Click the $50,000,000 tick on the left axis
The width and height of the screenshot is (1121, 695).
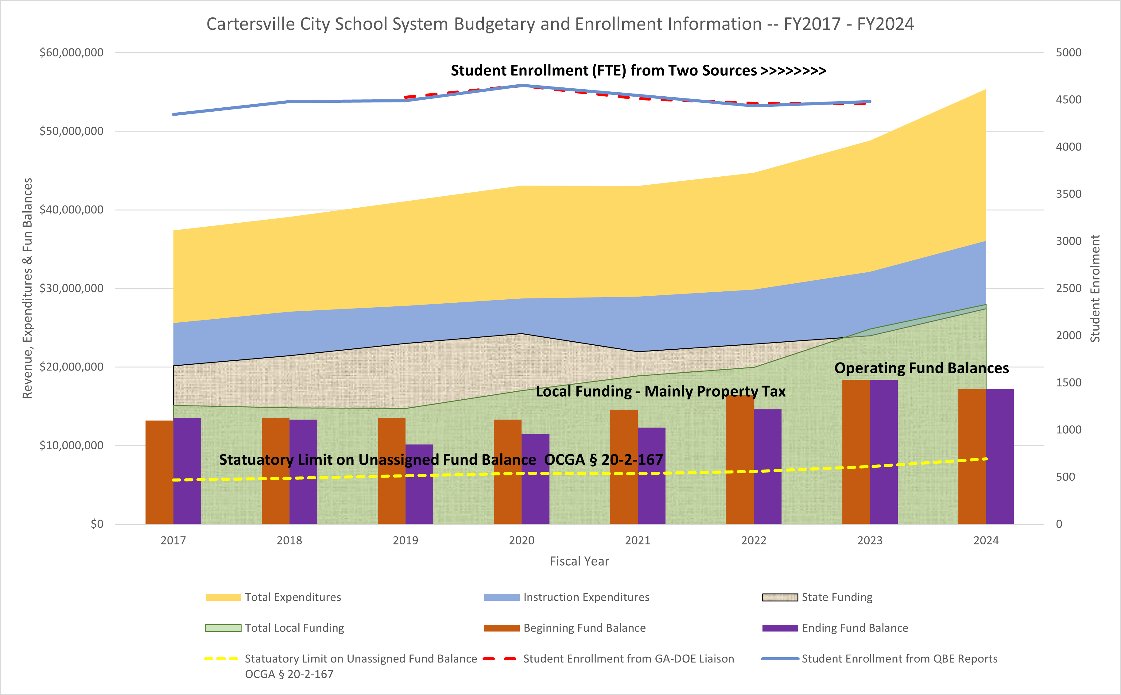pos(71,131)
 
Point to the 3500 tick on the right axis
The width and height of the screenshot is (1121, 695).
pos(1068,194)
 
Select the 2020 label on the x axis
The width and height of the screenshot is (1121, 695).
pos(521,540)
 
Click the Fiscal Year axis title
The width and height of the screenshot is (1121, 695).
pos(579,561)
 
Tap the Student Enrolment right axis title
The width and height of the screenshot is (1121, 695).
pos(1095,288)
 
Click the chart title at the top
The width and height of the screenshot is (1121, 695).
pos(560,24)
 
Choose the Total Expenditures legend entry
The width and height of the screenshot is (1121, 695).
pos(293,597)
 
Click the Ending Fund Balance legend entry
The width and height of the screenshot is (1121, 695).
pos(855,628)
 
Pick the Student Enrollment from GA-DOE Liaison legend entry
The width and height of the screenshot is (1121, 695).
pos(628,659)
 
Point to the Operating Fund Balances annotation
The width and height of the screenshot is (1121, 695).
pos(921,368)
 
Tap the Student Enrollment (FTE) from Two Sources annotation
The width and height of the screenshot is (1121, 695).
pos(638,70)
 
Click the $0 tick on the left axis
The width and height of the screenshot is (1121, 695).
pos(97,524)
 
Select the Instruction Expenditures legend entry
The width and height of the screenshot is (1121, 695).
pos(586,597)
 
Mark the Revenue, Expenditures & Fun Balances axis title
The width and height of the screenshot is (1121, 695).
pos(28,288)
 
